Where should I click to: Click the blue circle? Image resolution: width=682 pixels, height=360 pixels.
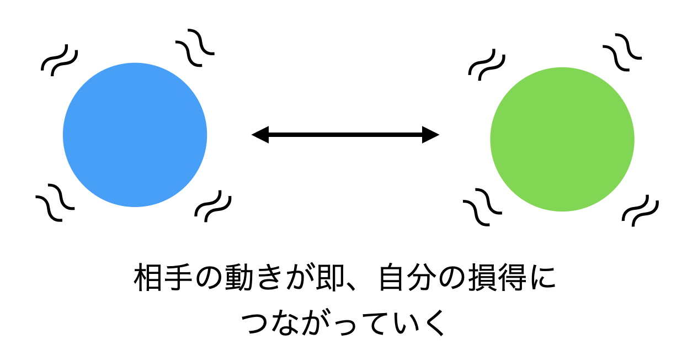click(x=135, y=135)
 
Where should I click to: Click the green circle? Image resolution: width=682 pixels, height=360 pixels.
click(x=562, y=139)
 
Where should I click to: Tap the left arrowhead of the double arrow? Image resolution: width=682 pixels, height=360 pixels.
click(x=260, y=135)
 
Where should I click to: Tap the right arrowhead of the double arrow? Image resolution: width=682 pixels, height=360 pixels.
click(x=430, y=135)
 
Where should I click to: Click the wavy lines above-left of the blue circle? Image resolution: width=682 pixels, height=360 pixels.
click(x=60, y=60)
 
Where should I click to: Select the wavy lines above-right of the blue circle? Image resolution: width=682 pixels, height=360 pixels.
click(x=195, y=47)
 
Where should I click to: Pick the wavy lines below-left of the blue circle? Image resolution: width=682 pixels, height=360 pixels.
click(x=55, y=203)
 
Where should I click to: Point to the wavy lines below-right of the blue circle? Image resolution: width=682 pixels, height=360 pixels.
click(x=213, y=206)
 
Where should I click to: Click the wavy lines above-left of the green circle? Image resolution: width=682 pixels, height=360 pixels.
click(x=487, y=65)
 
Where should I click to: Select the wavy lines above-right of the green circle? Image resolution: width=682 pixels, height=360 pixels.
click(x=622, y=52)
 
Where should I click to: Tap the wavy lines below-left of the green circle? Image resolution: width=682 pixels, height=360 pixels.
click(x=482, y=207)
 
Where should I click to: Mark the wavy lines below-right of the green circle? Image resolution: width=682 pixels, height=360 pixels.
click(x=640, y=211)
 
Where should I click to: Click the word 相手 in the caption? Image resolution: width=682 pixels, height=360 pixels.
click(x=163, y=278)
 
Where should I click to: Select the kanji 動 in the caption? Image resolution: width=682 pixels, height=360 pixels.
click(x=239, y=278)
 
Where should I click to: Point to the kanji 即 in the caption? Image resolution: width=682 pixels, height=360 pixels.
click(x=330, y=278)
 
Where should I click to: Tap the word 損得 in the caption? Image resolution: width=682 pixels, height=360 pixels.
click(x=497, y=278)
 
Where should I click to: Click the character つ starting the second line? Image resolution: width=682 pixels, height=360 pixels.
click(x=254, y=324)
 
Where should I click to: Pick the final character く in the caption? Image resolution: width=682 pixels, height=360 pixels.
click(x=435, y=323)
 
